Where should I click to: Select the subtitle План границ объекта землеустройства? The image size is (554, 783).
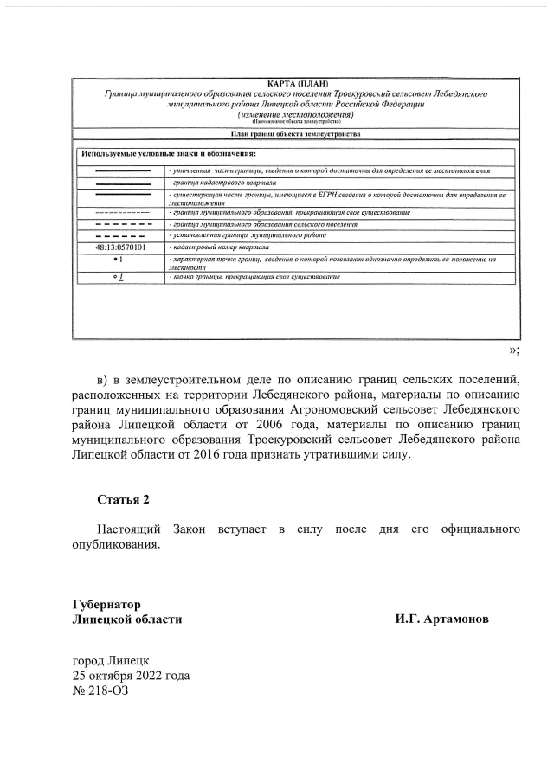pos(293,134)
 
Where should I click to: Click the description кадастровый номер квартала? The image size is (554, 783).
pos(220,247)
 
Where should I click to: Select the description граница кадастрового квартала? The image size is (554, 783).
pos(222,184)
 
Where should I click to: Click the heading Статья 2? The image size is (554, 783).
pos(123,500)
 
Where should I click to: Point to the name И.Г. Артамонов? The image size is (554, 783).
pos(441,619)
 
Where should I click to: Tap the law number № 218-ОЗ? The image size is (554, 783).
pos(100,691)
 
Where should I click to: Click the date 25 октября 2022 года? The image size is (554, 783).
pos(131,676)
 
